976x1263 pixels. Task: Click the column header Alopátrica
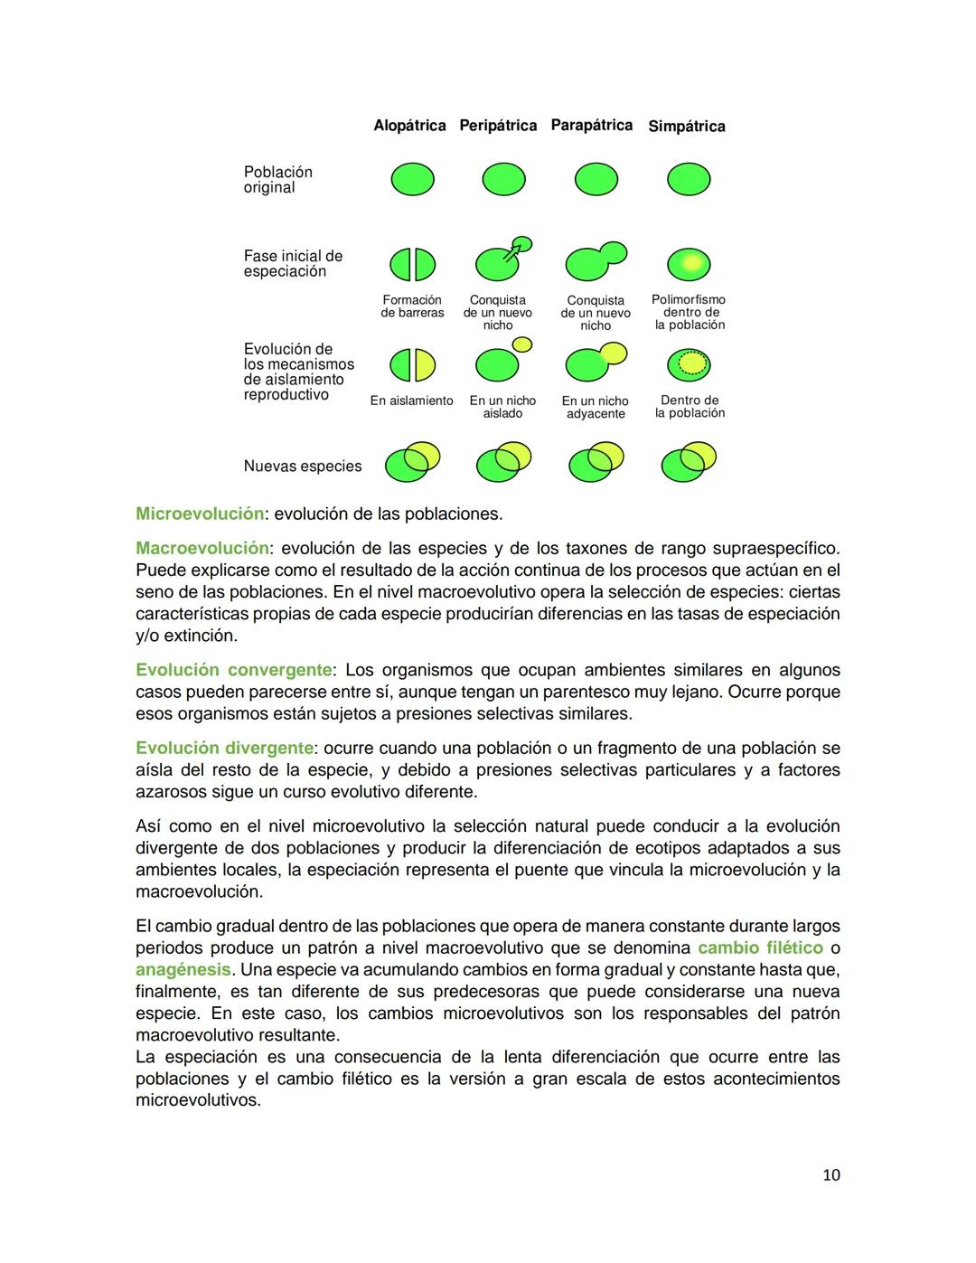(x=409, y=126)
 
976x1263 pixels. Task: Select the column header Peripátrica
(x=498, y=126)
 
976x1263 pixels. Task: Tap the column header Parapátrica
(x=591, y=126)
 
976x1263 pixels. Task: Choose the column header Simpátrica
(x=686, y=127)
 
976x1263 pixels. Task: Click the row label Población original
(x=277, y=180)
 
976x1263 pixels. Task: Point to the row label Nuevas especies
(x=302, y=467)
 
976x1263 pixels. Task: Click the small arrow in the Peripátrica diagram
(x=513, y=252)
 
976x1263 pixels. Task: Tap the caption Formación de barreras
(x=412, y=306)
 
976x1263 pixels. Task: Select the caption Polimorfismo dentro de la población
(x=690, y=312)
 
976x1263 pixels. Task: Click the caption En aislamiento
(x=411, y=401)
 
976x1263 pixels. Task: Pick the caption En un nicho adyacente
(x=595, y=407)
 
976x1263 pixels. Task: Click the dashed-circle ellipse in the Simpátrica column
(x=689, y=364)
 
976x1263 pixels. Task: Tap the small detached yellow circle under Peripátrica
(x=522, y=344)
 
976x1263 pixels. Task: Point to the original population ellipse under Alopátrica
(x=412, y=179)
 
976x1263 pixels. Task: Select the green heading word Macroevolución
(x=202, y=549)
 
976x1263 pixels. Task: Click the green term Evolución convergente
(x=233, y=671)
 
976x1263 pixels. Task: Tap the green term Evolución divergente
(x=224, y=749)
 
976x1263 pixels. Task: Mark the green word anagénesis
(x=183, y=970)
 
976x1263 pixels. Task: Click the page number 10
(x=831, y=1175)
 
